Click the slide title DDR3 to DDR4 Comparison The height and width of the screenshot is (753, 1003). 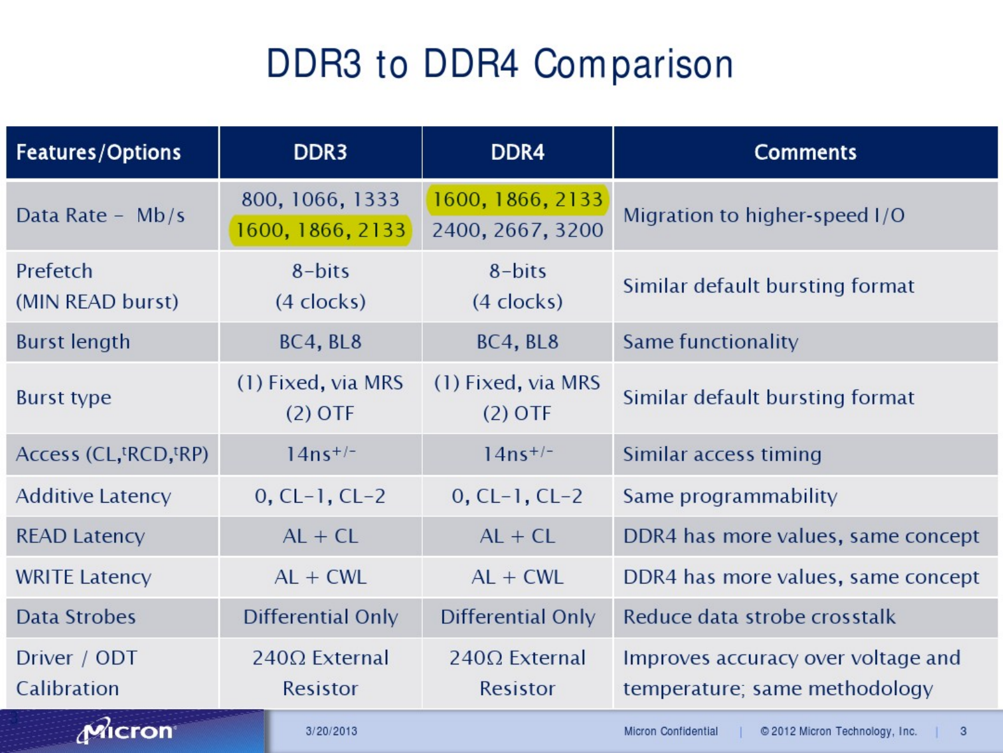[500, 64]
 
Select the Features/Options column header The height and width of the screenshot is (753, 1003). [99, 152]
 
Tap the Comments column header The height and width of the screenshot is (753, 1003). [805, 152]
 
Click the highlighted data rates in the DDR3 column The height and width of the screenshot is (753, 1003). [320, 230]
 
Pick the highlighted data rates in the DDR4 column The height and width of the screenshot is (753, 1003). [518, 199]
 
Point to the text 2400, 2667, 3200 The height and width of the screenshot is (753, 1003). [518, 230]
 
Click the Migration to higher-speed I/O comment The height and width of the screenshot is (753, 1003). [764, 215]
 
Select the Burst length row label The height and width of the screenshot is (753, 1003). [73, 341]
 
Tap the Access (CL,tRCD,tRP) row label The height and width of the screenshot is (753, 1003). [113, 454]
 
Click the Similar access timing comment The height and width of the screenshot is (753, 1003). [722, 454]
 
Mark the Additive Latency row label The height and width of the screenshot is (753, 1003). [94, 496]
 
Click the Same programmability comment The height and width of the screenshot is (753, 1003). [730, 496]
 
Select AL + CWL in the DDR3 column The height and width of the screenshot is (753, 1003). [320, 577]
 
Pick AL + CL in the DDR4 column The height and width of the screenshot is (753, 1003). [518, 536]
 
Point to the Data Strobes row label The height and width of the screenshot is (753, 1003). [76, 617]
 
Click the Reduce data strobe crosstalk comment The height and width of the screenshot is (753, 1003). [759, 617]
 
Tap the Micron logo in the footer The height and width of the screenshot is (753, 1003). [125, 730]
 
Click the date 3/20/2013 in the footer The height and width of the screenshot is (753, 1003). [331, 731]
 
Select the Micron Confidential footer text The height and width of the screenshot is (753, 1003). [671, 731]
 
